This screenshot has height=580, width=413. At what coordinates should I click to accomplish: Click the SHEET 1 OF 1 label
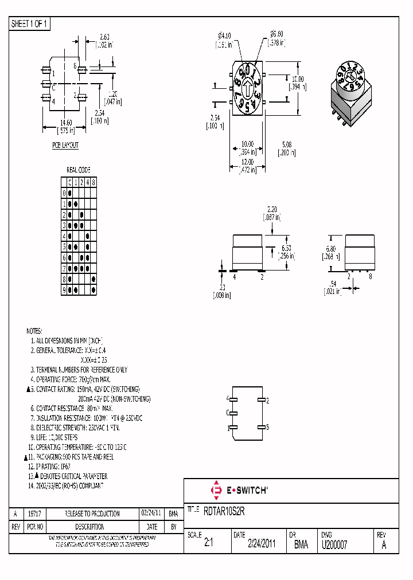pos(29,24)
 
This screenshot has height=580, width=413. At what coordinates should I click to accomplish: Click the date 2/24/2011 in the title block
pos(262,545)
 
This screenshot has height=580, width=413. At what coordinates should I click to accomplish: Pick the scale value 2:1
pos(208,545)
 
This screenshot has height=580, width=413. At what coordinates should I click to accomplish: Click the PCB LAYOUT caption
pos(65,146)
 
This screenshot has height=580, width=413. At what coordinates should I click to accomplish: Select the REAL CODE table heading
pos(79,170)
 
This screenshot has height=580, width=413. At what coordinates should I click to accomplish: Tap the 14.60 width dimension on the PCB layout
pos(65,123)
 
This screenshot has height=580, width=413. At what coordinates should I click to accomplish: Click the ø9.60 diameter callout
pos(278,34)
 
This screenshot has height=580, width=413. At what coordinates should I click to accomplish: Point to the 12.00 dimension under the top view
pos(247,162)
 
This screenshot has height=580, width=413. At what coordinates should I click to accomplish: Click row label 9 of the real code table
pos(64,290)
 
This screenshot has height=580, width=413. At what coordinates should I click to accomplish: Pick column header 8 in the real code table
pos(93,182)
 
